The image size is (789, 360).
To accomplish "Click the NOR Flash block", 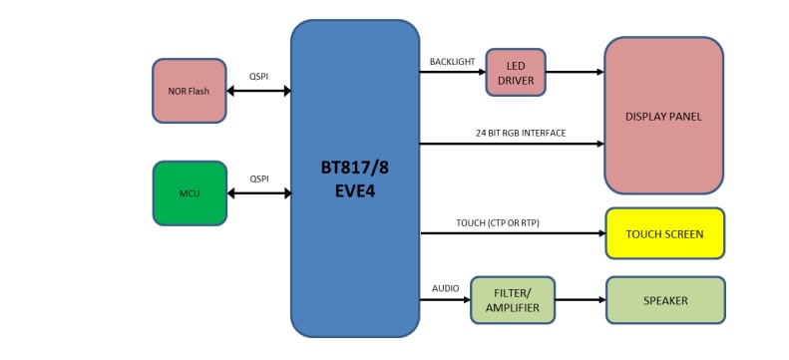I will (190, 91).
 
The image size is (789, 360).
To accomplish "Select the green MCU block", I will (190, 192).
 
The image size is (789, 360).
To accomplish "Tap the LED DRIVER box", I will (516, 73).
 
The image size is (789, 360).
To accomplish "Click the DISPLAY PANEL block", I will (663, 116).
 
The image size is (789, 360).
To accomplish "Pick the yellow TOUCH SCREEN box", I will (664, 234).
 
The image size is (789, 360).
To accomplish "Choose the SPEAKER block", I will (664, 300).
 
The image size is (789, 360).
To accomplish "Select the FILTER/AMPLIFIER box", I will (512, 300).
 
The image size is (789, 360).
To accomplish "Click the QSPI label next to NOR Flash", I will (258, 76).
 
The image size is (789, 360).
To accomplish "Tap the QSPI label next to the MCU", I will (258, 178).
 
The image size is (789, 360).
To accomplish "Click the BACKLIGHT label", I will (453, 61).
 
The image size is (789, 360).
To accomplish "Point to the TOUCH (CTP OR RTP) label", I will (497, 222).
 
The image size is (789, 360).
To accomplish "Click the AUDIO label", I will (445, 288).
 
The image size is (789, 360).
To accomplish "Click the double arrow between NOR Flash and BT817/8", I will (258, 91).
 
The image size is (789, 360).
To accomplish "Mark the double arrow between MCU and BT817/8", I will (258, 192).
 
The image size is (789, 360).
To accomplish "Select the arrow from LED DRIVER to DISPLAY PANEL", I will (575, 72).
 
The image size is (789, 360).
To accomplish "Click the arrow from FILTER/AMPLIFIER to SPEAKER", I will (580, 300).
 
